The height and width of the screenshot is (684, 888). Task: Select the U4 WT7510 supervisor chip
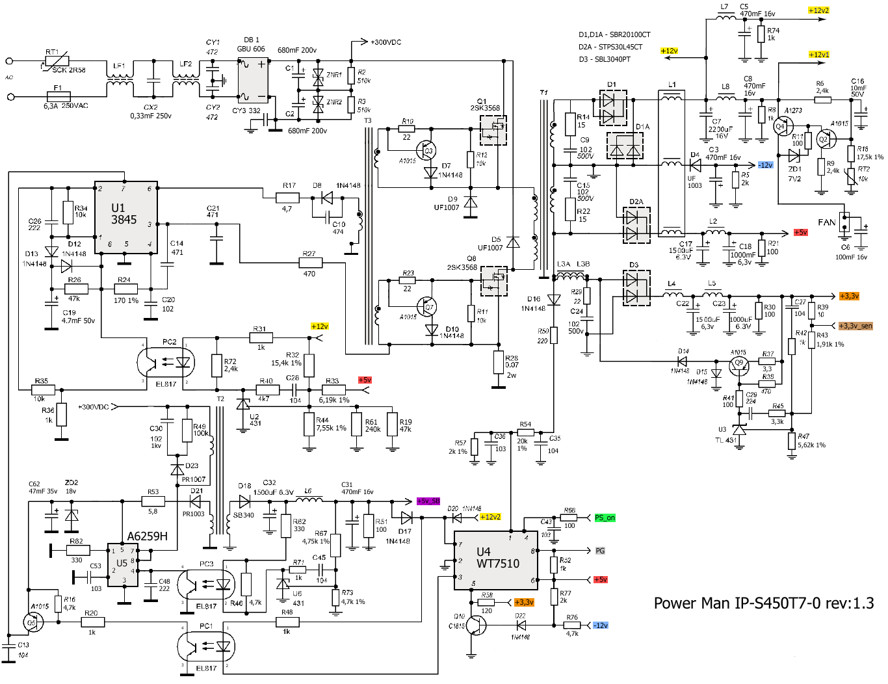click(x=497, y=560)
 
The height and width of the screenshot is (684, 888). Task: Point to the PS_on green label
click(x=605, y=518)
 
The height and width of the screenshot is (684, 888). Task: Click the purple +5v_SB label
click(x=428, y=501)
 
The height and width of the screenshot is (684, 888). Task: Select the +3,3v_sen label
click(x=855, y=326)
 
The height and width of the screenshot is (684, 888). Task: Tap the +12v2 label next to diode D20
click(x=490, y=517)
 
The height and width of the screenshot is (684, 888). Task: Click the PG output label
click(x=600, y=551)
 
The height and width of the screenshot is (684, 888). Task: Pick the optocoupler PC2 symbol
click(x=166, y=362)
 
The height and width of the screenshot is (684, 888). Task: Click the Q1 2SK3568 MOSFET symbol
click(x=493, y=131)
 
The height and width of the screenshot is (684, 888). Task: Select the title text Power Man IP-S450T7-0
click(x=763, y=603)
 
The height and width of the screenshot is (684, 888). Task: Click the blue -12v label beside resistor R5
click(x=765, y=165)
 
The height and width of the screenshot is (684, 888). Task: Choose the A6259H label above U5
click(x=147, y=536)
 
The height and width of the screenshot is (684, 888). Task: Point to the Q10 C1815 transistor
click(x=476, y=625)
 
